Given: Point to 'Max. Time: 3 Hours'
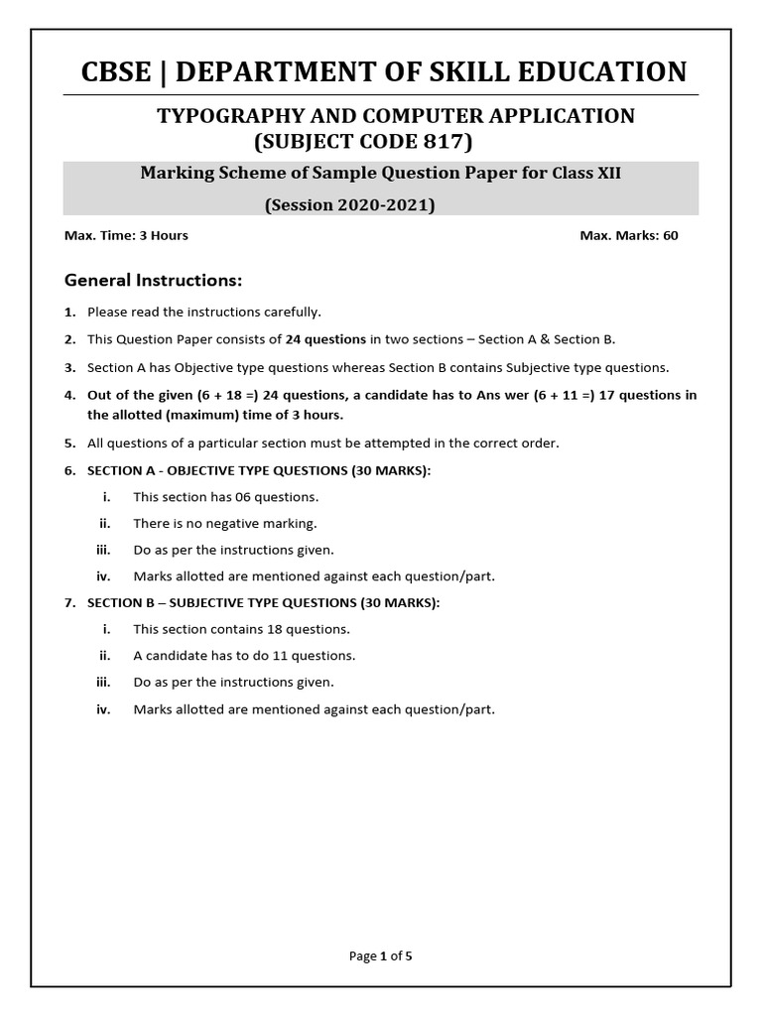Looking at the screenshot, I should tap(126, 235).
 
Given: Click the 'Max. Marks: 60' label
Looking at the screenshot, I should tap(629, 235).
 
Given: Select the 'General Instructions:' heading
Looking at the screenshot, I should tap(153, 280).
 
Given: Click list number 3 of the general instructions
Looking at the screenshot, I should tap(70, 367).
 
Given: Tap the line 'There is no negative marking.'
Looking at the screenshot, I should tap(225, 523).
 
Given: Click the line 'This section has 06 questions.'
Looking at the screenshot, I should tap(226, 497).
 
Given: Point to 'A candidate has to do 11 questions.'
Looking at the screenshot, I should tap(244, 656).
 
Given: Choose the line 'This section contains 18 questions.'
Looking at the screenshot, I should tap(241, 629).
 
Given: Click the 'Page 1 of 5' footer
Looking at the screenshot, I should tap(381, 956).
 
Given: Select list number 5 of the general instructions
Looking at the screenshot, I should tap(70, 443).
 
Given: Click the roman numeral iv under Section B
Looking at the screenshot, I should tap(103, 709).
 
